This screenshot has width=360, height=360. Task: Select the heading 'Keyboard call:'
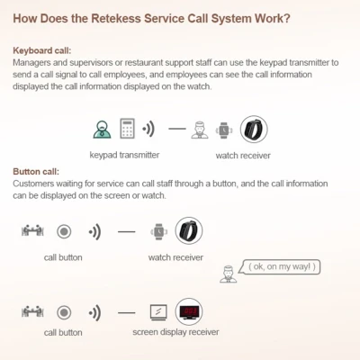[42, 50]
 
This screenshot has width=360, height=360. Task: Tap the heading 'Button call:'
[36, 172]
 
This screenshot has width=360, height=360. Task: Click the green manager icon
[102, 130]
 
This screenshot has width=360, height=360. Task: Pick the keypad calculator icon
[127, 129]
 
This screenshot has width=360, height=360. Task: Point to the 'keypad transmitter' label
[124, 155]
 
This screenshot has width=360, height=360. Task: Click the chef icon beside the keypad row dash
[200, 130]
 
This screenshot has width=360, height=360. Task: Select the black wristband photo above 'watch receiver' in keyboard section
[254, 130]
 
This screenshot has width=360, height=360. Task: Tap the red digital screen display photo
[189, 311]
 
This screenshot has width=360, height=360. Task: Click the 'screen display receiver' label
[175, 332]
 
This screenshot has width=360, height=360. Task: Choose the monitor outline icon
[158, 312]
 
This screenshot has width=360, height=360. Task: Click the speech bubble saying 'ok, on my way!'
[280, 266]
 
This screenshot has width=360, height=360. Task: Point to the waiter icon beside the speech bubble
[228, 274]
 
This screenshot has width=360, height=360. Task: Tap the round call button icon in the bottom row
[64, 312]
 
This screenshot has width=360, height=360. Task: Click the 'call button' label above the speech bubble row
[63, 257]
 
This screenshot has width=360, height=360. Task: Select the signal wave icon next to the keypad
[148, 130]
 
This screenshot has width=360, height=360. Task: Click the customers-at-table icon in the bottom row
[32, 311]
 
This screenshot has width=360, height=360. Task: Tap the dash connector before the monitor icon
[127, 313]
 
